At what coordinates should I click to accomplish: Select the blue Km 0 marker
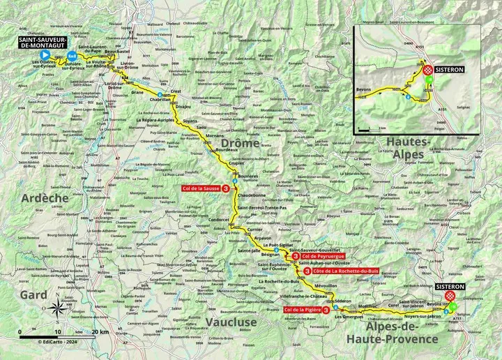pos(72,57)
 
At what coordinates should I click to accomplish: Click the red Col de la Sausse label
pos(204,188)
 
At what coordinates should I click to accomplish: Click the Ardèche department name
pos(45,198)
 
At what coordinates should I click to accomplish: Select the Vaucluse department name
pos(232,322)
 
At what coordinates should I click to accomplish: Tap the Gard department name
pos(33,295)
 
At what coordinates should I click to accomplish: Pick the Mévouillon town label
pos(326,287)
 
